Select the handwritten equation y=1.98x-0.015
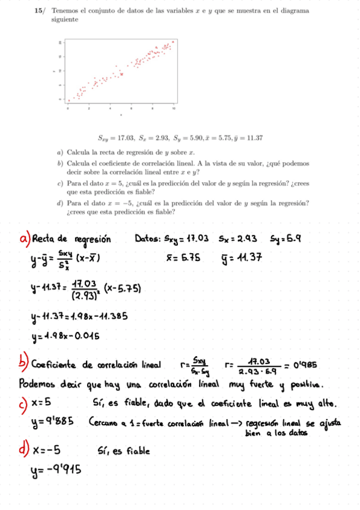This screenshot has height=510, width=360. click(66, 336)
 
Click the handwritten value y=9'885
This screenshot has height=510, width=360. click(53, 420)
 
